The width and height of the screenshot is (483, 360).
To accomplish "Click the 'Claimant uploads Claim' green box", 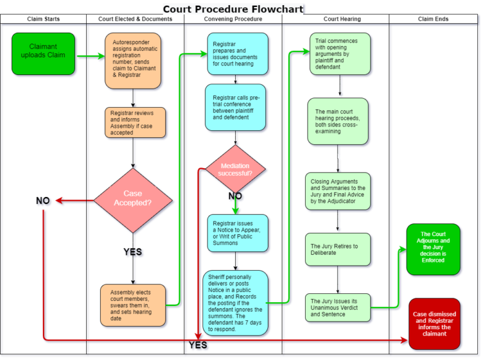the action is click(43, 53).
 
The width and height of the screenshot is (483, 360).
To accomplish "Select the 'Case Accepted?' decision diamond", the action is click(133, 200).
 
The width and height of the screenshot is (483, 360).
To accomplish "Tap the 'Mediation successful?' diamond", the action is click(235, 169).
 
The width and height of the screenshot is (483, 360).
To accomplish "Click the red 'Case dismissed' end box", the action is click(435, 323).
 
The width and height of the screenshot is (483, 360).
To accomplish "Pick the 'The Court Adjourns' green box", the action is click(433, 249).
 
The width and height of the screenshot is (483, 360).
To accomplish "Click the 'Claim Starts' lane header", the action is click(43, 19).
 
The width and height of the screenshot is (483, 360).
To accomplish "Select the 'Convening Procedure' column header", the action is click(233, 19).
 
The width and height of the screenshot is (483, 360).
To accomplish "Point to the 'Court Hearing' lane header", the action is click(342, 19).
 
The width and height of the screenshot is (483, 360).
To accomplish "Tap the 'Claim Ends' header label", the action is click(433, 19).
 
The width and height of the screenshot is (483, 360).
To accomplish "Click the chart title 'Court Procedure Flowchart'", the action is click(233, 9).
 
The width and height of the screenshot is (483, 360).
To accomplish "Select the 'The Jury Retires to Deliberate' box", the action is click(338, 249).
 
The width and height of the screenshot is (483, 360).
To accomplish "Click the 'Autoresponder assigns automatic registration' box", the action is click(133, 60).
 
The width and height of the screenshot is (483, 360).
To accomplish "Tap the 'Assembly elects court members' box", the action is click(133, 305).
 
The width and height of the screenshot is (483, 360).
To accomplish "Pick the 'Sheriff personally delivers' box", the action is click(235, 303).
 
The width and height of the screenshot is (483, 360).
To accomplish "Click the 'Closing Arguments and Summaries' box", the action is click(338, 191).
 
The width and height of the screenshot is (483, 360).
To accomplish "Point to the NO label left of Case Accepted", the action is click(43, 201).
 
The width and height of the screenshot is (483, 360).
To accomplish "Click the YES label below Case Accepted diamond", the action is click(133, 252).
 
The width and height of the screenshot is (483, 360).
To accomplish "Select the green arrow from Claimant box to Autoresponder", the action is click(91, 56).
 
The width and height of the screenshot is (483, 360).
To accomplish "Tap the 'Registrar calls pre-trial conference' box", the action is click(235, 107).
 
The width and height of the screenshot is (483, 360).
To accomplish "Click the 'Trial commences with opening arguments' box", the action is click(340, 53).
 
